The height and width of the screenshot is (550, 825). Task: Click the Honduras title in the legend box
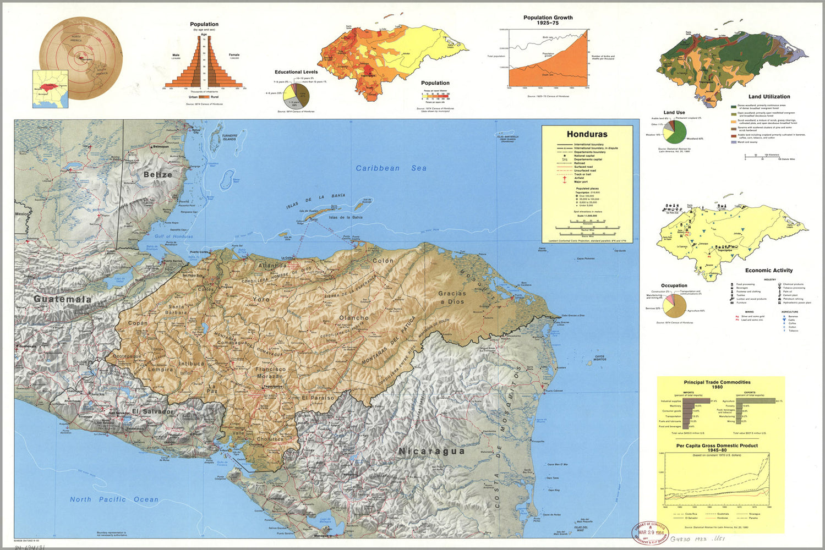tap(587, 134)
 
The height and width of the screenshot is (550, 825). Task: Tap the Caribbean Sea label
tap(391, 168)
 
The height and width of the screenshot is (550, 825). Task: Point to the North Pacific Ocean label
tap(114, 499)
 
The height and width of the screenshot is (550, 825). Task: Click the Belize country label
tap(158, 174)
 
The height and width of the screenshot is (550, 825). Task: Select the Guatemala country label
tap(62, 299)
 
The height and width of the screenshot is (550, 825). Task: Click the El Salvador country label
tap(152, 411)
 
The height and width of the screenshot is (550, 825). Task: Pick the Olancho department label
tap(354, 318)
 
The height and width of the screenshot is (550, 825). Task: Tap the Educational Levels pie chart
tap(297, 95)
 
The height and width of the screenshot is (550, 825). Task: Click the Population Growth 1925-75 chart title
tap(548, 20)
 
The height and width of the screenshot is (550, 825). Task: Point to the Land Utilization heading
tap(769, 97)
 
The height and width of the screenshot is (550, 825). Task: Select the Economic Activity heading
tap(768, 271)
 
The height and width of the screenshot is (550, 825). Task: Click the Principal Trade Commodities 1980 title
tap(717, 384)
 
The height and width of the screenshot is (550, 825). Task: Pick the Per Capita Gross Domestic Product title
tap(717, 448)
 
